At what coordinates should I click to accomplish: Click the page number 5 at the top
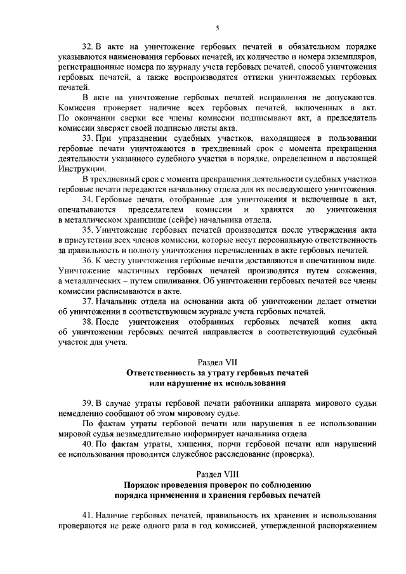[217, 28]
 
